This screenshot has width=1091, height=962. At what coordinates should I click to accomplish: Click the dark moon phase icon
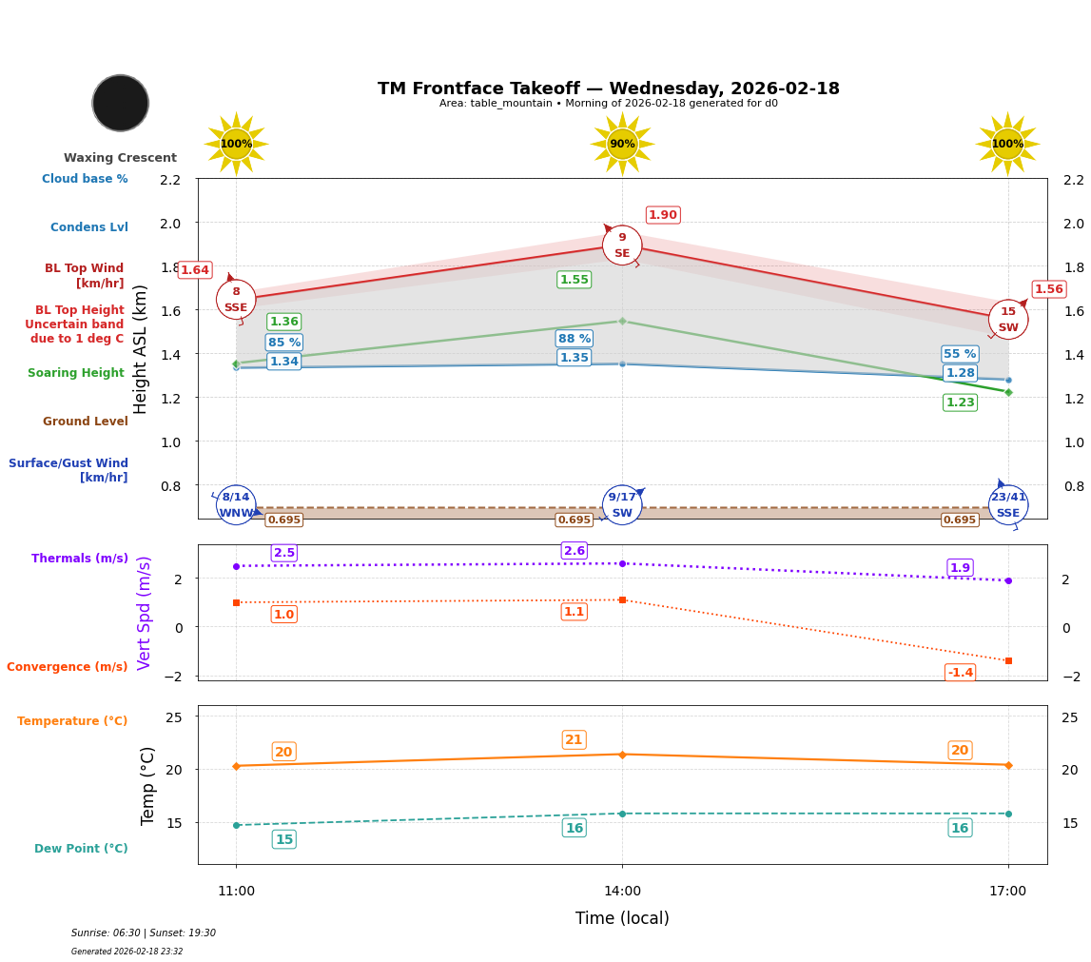click(121, 103)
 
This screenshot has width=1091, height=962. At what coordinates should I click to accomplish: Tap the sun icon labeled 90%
click(622, 144)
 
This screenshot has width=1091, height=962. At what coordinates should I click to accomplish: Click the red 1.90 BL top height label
click(663, 215)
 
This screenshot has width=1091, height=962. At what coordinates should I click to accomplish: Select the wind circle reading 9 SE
click(622, 245)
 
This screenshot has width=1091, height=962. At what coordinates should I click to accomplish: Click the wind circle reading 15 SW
click(1007, 320)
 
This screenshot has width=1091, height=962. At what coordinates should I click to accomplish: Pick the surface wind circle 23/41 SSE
click(1008, 505)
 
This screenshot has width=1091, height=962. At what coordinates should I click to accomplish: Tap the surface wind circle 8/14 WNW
click(236, 505)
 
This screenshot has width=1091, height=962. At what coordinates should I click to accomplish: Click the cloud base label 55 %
click(960, 354)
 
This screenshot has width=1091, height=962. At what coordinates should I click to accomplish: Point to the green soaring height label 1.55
click(574, 280)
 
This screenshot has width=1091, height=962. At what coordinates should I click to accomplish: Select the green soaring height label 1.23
click(960, 402)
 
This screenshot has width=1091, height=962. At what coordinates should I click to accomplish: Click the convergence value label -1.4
click(960, 673)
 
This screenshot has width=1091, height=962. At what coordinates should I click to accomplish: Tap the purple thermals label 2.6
click(575, 551)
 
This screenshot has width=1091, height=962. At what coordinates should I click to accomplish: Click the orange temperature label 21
click(574, 740)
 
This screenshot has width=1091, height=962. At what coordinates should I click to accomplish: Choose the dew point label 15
click(283, 839)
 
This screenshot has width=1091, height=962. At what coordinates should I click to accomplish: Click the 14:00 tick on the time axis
click(622, 892)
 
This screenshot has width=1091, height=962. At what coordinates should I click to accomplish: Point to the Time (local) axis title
click(622, 918)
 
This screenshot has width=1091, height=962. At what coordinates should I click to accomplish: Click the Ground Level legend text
click(86, 422)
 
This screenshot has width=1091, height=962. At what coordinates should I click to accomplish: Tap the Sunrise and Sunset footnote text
click(144, 933)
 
